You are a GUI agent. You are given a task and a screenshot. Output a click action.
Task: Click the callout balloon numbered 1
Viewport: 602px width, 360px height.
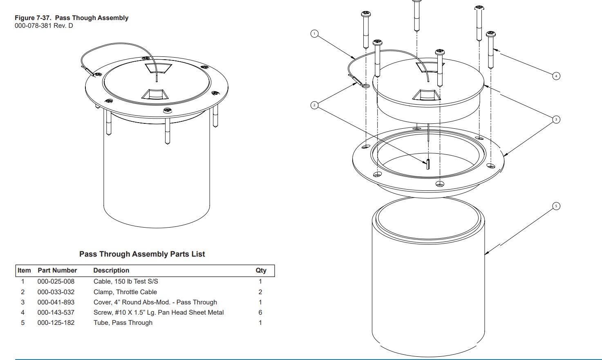pos(314,34)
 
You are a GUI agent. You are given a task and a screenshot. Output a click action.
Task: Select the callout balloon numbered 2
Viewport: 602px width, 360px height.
pos(314,105)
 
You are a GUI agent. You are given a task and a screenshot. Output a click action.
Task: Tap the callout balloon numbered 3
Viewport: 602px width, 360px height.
pos(556,120)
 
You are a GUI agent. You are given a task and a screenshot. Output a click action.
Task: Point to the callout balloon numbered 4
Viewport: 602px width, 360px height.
pos(556,76)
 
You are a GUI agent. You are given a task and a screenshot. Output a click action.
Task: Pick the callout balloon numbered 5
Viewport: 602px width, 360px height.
pos(556,206)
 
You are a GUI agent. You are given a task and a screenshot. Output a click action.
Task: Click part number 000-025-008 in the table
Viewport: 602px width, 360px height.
pos(56,282)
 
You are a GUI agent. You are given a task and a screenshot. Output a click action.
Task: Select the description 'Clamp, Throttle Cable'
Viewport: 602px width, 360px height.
pos(125,292)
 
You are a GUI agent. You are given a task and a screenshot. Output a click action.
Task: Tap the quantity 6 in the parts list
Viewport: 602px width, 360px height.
pos(260,313)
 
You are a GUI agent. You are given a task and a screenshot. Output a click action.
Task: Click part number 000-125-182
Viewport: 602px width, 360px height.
pos(56,323)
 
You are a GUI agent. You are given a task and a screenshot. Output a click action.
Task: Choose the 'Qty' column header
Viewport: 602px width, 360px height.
pos(261,271)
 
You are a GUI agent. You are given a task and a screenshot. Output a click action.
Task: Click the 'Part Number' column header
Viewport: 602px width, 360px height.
pos(57,271)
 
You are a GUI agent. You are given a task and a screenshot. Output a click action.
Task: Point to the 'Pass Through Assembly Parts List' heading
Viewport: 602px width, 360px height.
pos(142,254)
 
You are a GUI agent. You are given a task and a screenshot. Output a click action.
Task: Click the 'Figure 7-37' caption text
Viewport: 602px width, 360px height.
pos(72,18)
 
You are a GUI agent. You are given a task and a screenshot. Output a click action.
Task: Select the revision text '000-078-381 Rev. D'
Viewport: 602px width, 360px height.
pos(44,26)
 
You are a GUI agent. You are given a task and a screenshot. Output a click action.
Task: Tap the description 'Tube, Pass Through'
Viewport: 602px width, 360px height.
pos(123,323)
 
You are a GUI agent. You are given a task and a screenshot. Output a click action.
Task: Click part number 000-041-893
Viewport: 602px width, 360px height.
pos(56,302)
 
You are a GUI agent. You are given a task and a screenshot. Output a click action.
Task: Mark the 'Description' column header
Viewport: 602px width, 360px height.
pos(111,271)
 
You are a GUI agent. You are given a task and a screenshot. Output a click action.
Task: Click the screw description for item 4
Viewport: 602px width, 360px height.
pos(159,313)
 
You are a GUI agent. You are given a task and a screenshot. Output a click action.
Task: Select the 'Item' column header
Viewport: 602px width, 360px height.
pos(24,271)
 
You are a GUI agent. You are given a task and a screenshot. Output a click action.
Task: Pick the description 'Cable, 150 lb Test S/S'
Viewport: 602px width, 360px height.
pos(126,282)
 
